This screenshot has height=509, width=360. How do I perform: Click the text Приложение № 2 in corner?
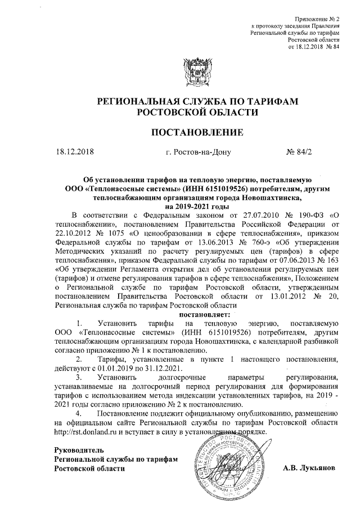[318, 20]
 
